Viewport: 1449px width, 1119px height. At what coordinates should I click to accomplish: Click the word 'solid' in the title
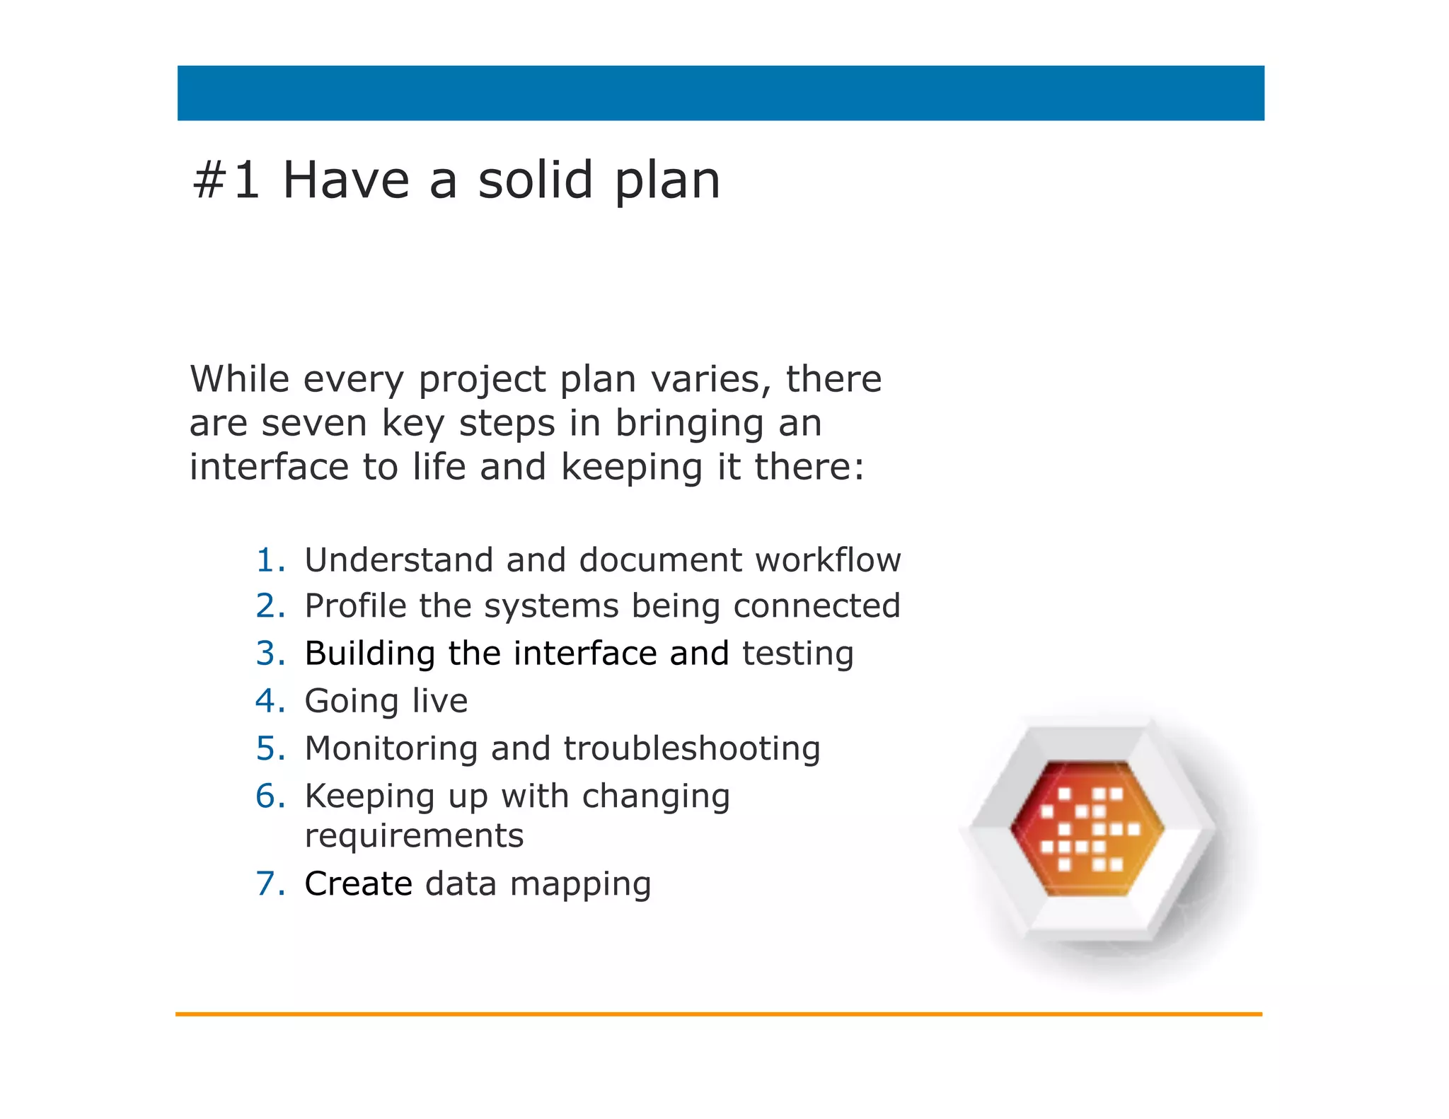[x=535, y=180]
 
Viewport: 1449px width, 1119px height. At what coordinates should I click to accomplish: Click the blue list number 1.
[x=270, y=560]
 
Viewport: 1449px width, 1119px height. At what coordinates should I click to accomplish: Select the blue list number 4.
[x=270, y=701]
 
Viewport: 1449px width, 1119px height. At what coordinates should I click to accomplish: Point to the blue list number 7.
[x=270, y=883]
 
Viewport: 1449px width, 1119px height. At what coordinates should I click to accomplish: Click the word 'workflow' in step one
[x=828, y=560]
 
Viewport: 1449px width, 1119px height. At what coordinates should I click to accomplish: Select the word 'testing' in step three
[x=797, y=654]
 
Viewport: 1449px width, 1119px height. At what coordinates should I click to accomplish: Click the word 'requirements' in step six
[x=414, y=836]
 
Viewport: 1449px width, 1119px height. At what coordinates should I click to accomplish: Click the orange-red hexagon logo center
[x=1087, y=828]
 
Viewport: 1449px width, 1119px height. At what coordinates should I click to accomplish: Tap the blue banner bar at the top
[x=720, y=93]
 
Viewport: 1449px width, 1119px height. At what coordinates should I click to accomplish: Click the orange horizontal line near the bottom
[x=719, y=1014]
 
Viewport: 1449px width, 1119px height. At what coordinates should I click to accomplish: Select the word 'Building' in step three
[x=369, y=654]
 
